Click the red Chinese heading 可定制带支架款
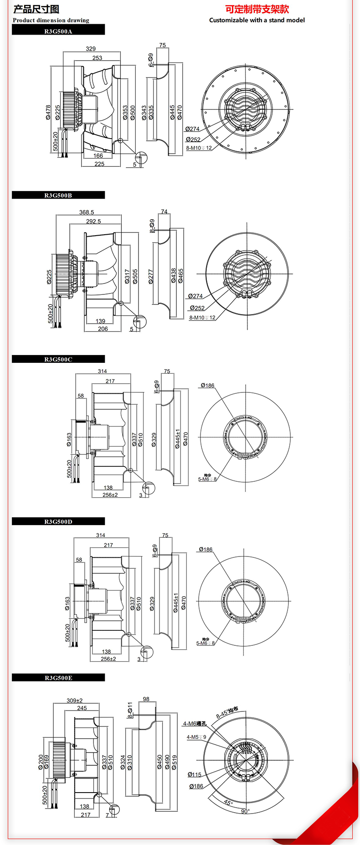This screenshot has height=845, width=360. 257,9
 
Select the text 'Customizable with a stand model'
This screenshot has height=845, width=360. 257,20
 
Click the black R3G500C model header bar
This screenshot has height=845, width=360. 58,359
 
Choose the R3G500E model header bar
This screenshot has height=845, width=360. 58,678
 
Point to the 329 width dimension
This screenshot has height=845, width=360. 91,49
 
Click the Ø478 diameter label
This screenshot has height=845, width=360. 48,113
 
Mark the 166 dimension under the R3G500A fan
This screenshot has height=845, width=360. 98,156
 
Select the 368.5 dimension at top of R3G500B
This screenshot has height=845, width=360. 87,212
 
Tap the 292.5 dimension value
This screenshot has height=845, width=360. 93,222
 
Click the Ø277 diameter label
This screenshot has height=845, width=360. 151,277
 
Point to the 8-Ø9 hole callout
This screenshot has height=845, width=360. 152,226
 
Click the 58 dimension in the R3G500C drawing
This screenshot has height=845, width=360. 81,396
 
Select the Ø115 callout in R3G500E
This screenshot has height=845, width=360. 195,774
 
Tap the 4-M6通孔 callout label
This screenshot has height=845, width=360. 195,723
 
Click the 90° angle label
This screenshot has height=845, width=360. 245,811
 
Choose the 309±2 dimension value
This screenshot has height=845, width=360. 75,701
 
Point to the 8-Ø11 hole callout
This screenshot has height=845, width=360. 130,710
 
